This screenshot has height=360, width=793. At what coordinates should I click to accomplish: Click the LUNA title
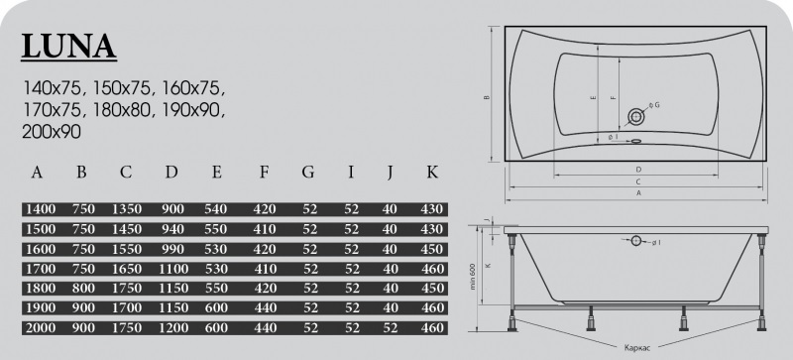pos(68,47)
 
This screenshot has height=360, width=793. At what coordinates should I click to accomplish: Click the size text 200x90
pos(52,132)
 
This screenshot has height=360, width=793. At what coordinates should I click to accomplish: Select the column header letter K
pos(432,173)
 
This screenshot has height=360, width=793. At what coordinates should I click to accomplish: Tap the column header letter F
pos(264,173)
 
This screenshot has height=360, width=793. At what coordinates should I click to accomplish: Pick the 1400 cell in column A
pos(40,209)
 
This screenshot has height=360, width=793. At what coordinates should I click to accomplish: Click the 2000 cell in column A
pos(40,327)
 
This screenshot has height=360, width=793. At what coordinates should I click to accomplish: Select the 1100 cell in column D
pos(172,269)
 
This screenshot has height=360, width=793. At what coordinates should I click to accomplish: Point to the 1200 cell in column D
pos(172,327)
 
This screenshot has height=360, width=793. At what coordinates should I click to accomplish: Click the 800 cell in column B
pos(83,289)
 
